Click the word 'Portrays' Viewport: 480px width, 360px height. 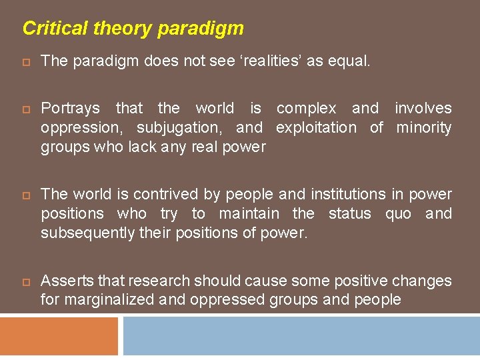70,108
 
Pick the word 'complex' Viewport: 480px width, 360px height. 307,108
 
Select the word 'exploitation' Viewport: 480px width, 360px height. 316,127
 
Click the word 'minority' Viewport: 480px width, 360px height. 424,127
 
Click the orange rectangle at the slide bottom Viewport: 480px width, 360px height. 59,336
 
